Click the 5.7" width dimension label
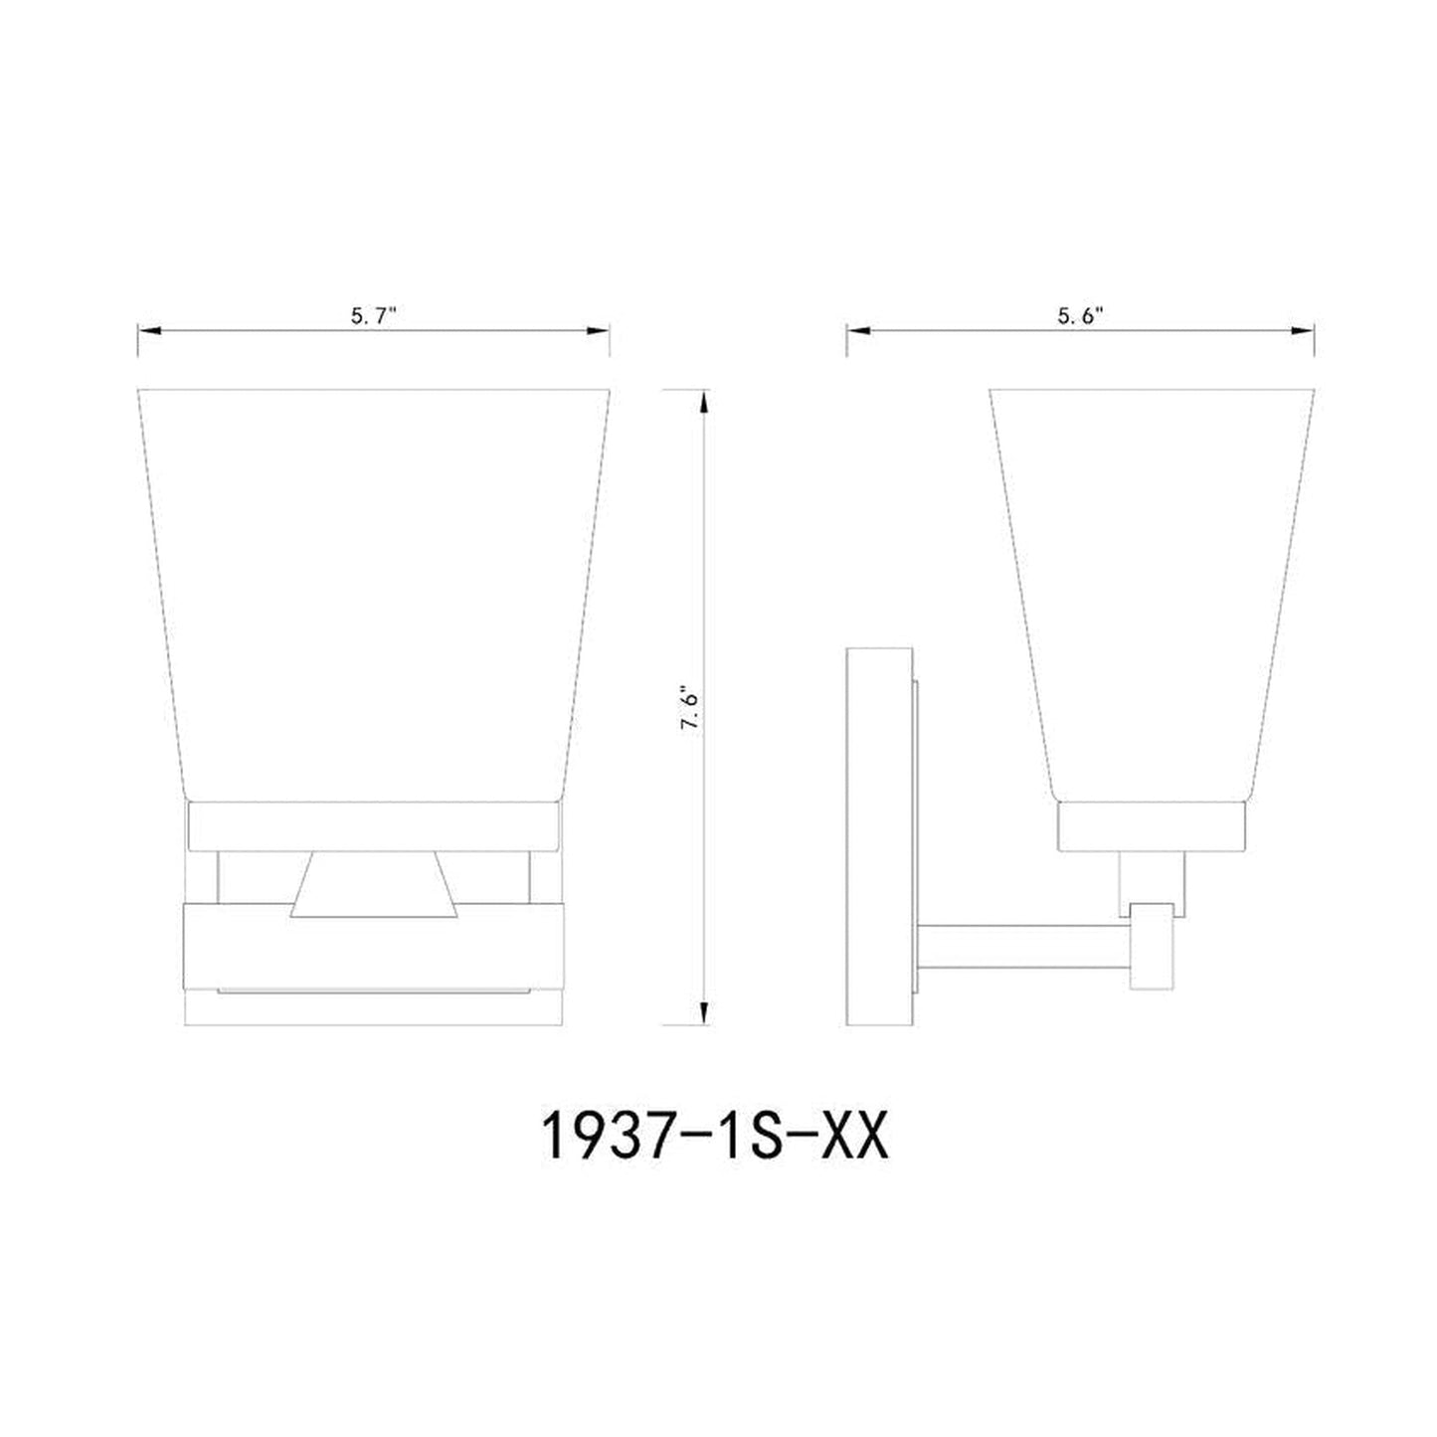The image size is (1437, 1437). [373, 316]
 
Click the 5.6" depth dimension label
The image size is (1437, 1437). [1081, 316]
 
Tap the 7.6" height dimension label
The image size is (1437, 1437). [690, 707]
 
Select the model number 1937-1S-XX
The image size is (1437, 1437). [713, 1138]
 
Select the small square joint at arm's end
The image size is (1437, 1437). [1152, 945]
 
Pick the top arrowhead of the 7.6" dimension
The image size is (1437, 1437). [704, 400]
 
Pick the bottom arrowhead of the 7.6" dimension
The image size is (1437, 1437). [704, 1014]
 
